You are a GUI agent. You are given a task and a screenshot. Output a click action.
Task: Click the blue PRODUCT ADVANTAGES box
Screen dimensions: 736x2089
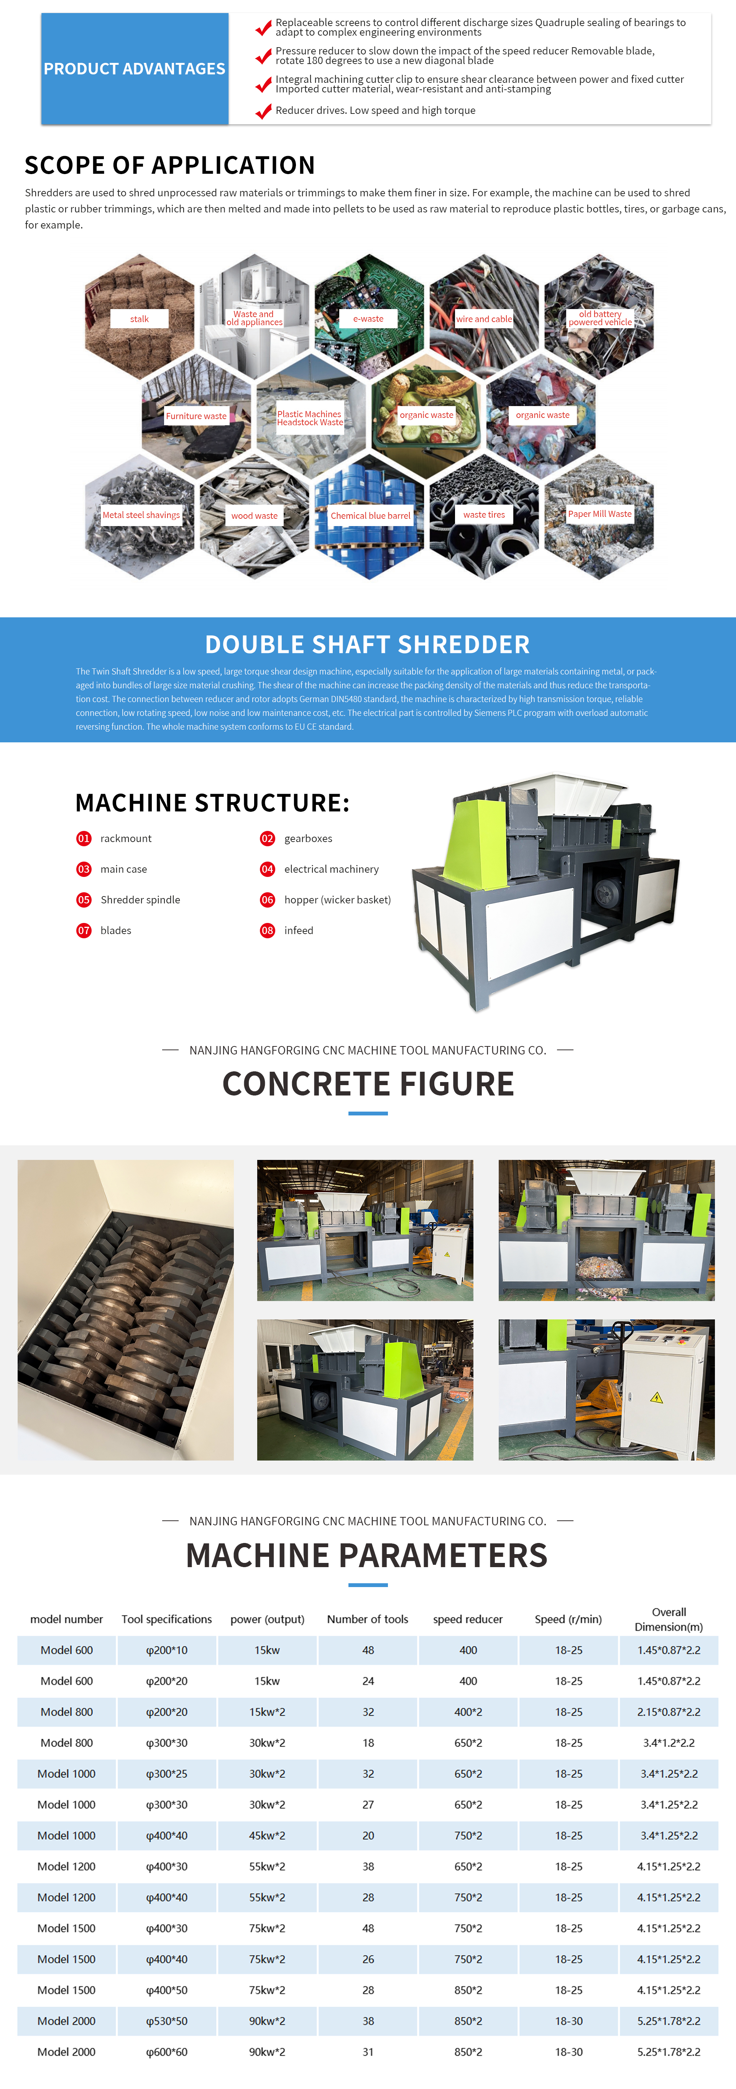click(x=135, y=69)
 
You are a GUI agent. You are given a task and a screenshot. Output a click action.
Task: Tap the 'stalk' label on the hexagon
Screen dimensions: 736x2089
click(x=140, y=319)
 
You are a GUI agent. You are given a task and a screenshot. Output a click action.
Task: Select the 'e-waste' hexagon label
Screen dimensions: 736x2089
click(x=368, y=319)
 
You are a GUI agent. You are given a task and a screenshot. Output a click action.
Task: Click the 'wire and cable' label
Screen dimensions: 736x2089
click(x=484, y=319)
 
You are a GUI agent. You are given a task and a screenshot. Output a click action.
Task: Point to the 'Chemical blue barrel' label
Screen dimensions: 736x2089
click(x=370, y=515)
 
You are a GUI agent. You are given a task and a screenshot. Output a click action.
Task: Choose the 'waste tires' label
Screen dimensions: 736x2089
click(x=484, y=514)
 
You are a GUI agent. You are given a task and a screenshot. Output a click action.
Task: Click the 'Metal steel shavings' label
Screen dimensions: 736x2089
click(x=141, y=514)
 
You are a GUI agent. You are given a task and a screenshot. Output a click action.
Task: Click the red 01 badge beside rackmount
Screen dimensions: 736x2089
click(x=84, y=839)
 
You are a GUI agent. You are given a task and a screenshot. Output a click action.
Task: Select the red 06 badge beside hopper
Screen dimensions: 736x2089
click(x=268, y=899)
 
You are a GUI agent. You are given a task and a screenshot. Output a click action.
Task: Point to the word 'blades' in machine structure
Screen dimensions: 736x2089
click(x=116, y=930)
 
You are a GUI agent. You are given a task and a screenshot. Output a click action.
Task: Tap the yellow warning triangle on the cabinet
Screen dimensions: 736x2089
click(x=657, y=1397)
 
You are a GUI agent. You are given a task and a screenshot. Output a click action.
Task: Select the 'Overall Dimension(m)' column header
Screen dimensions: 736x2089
click(x=669, y=1619)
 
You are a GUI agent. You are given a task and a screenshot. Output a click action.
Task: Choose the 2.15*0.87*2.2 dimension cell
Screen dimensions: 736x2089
click(x=669, y=1711)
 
